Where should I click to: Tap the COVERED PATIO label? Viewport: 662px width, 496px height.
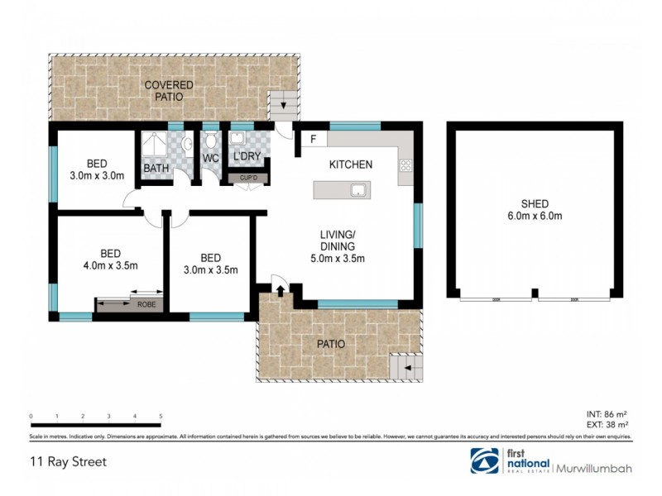[x=169, y=91]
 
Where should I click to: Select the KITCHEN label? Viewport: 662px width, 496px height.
[x=351, y=165]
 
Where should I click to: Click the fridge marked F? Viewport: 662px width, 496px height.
[x=314, y=140]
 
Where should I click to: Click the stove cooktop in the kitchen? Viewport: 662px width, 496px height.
[x=405, y=166]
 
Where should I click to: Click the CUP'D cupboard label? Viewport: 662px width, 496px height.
[x=249, y=178]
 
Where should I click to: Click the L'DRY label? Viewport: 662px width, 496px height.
[x=246, y=157]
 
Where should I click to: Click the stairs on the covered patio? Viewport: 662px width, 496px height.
[x=283, y=105]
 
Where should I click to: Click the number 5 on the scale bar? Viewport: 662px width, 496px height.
[x=161, y=416]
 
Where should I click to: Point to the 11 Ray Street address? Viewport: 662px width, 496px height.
[x=65, y=461]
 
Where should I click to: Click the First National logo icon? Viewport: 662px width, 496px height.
[x=485, y=461]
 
